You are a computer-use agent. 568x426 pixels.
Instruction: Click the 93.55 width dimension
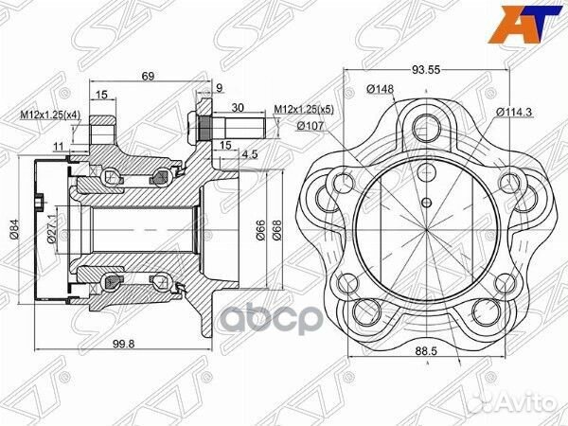click(426, 69)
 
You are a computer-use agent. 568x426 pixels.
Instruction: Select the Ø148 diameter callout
click(380, 89)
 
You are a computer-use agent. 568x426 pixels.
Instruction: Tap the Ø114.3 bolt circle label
click(514, 113)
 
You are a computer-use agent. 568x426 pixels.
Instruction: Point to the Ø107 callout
click(311, 126)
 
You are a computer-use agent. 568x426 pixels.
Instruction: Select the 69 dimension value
click(148, 76)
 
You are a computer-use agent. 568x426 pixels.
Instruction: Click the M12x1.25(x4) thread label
click(50, 115)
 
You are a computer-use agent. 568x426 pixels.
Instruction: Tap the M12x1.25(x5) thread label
click(304, 109)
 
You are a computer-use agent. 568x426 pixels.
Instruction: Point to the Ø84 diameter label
click(14, 230)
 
